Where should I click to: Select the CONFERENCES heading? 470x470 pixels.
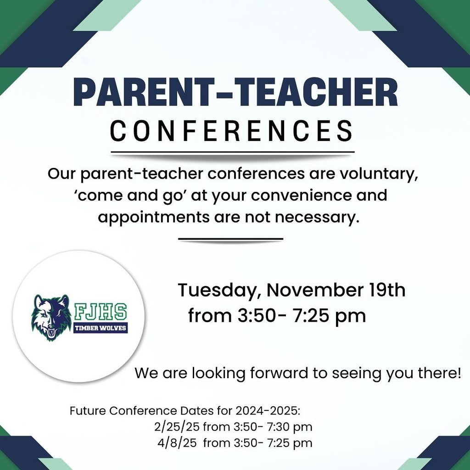[x=232, y=131]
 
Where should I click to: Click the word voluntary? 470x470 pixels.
[x=378, y=174]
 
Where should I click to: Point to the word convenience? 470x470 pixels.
[x=301, y=196]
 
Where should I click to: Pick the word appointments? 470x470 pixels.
[x=154, y=217]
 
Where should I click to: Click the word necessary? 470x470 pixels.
[x=317, y=218]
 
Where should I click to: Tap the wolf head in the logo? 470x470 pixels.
[x=51, y=318]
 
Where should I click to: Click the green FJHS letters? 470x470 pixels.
[x=101, y=312]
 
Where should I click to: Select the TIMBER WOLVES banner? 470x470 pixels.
[x=101, y=328]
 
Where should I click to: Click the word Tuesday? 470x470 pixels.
[x=219, y=291]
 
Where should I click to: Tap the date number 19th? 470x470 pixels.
[x=387, y=290]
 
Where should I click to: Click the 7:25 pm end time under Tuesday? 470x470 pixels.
[x=329, y=316]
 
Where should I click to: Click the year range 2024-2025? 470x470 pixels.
[x=268, y=411]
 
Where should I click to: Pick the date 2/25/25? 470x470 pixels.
[x=177, y=427]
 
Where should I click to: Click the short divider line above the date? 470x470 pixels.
[x=230, y=239]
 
